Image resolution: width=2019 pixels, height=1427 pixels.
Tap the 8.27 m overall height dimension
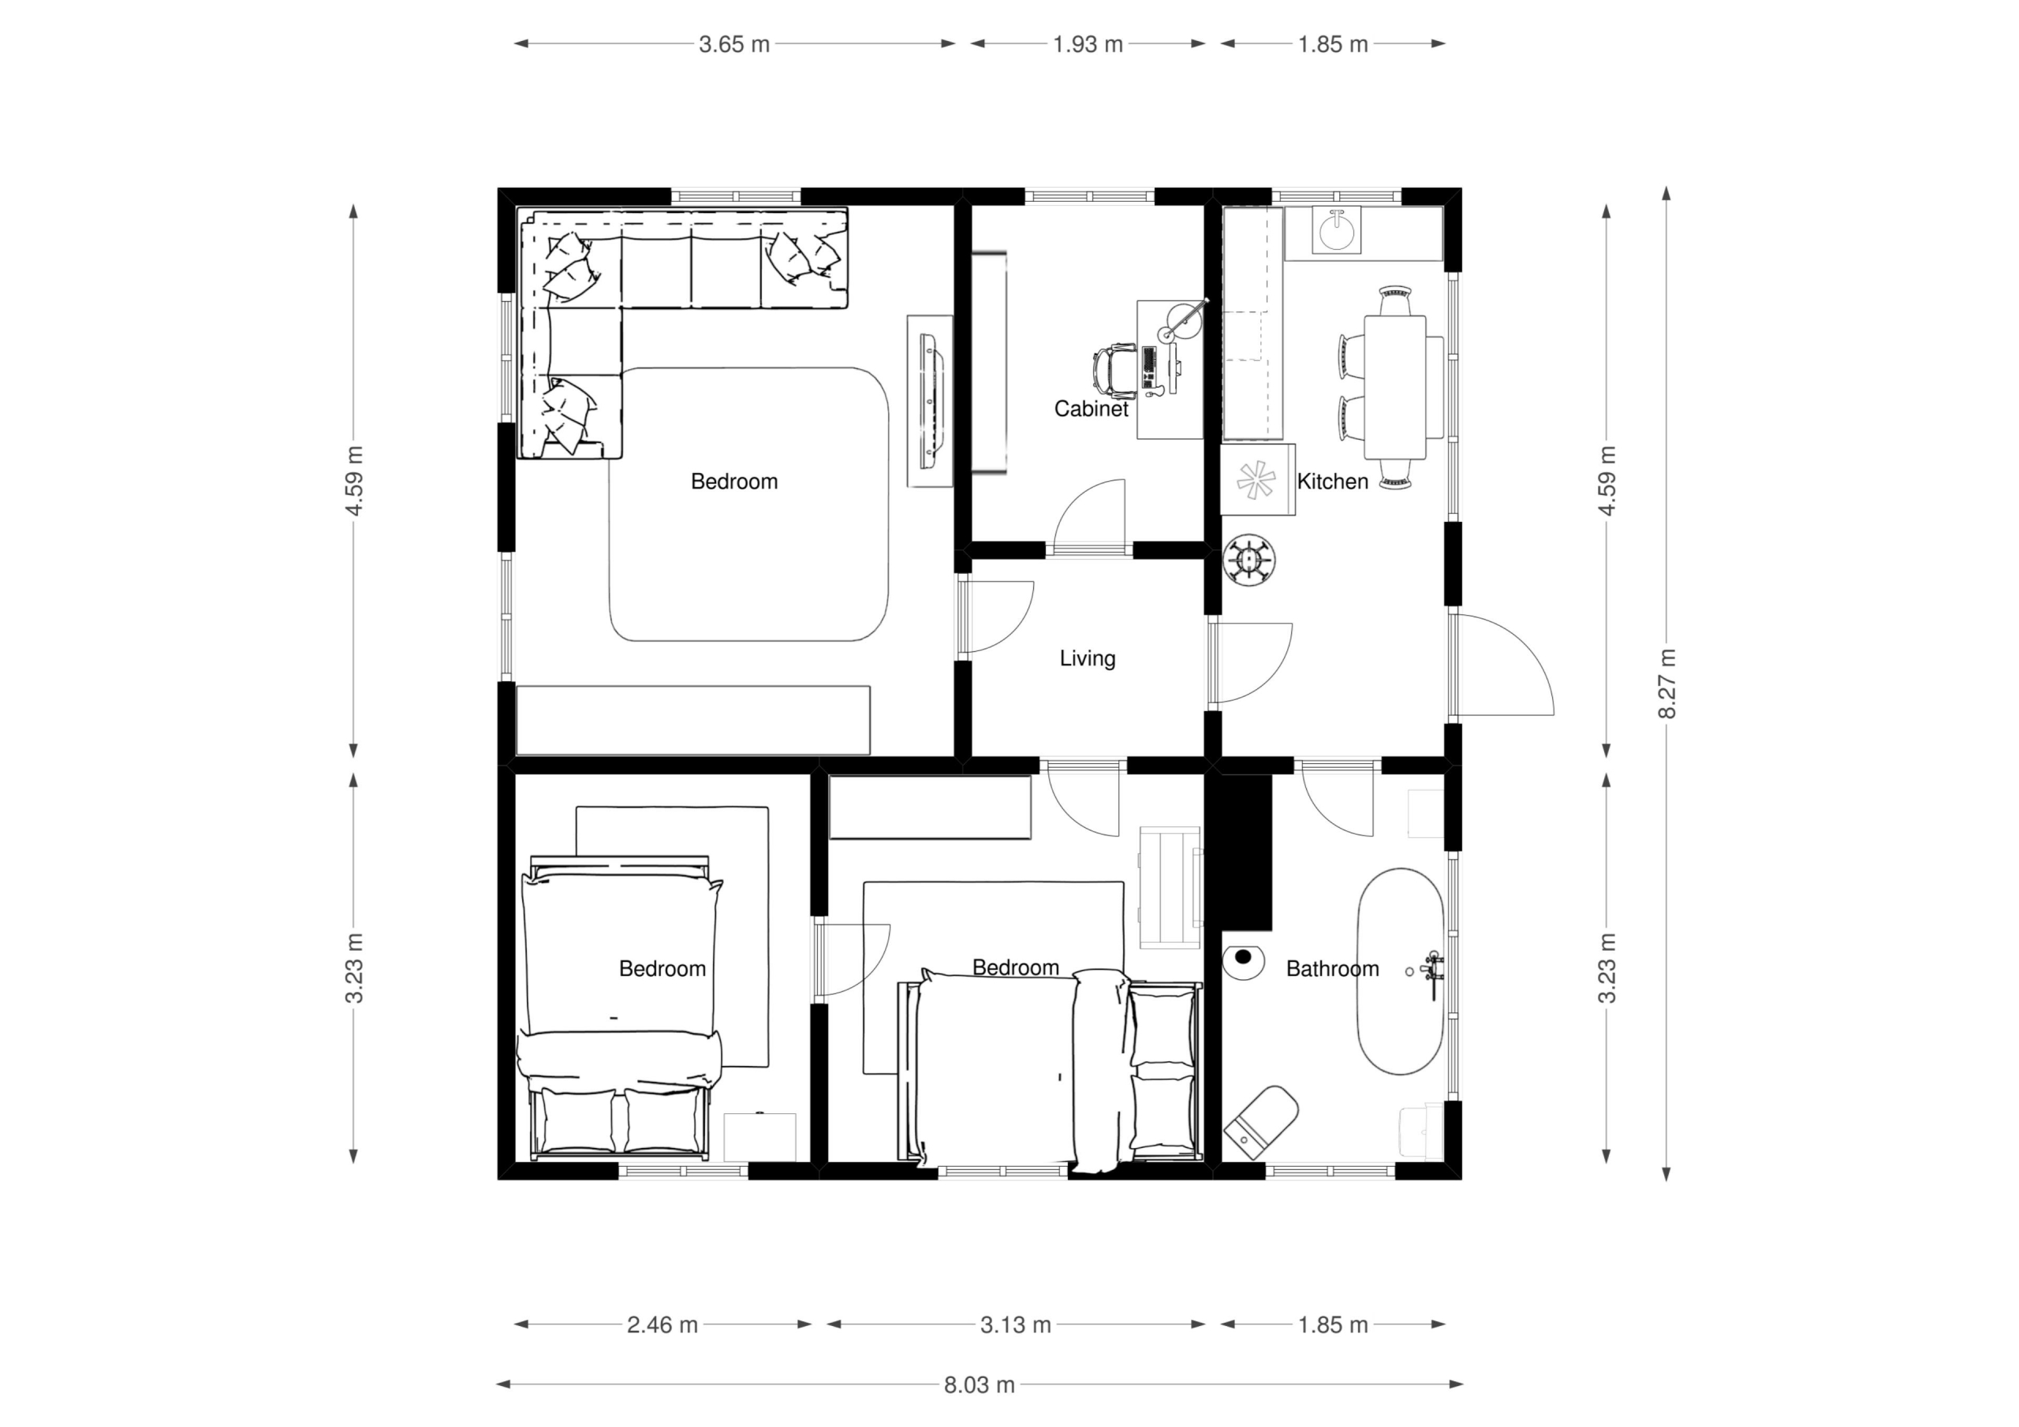pyautogui.click(x=1666, y=684)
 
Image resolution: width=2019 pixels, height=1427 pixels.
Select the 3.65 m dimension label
pyautogui.click(x=734, y=44)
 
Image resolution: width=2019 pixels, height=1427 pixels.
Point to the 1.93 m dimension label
pyautogui.click(x=1088, y=44)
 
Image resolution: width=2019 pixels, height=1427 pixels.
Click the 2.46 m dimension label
pyautogui.click(x=662, y=1325)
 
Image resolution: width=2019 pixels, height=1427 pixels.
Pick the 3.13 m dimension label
pyautogui.click(x=1016, y=1325)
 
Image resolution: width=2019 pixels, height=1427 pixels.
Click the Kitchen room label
pyautogui.click(x=1332, y=481)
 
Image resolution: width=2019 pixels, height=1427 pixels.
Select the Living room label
pyautogui.click(x=1088, y=658)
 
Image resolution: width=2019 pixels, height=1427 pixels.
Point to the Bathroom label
pyautogui.click(x=1332, y=968)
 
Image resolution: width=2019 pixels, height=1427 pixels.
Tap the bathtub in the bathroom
pyautogui.click(x=1401, y=971)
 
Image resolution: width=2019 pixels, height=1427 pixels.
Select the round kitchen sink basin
pyautogui.click(x=1338, y=231)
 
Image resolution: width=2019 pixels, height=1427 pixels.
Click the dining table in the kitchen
pyautogui.click(x=1394, y=387)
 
